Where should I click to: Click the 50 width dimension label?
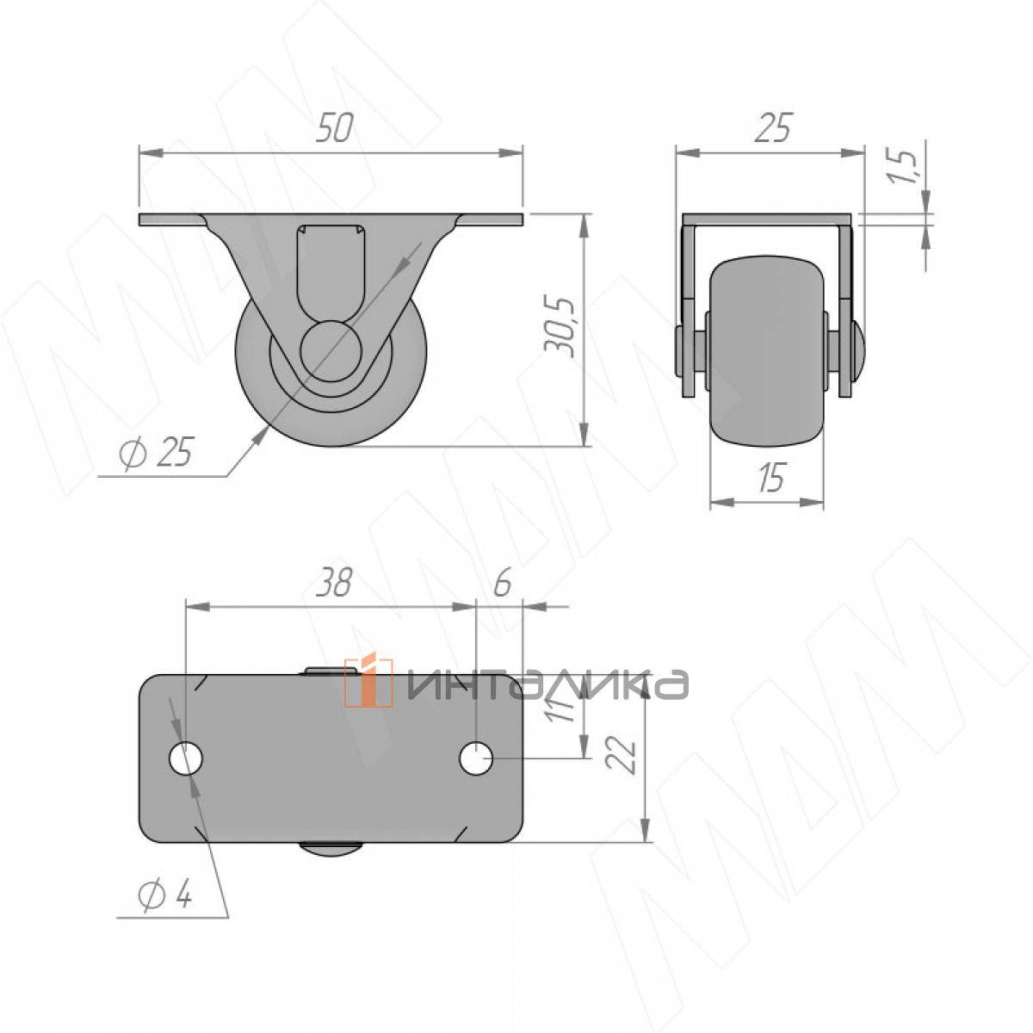(335, 128)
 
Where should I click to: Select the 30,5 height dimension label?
(560, 326)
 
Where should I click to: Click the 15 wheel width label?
(772, 476)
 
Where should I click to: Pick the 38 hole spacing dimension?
(333, 584)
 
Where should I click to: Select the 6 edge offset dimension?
(502, 584)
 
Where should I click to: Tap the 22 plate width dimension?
(622, 755)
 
